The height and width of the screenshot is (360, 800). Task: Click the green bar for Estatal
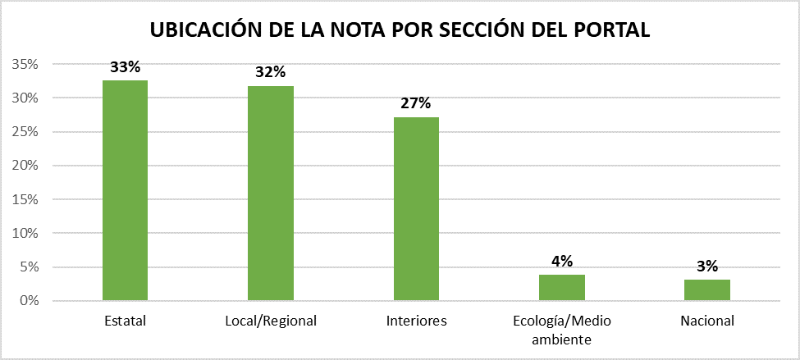pyautogui.click(x=125, y=190)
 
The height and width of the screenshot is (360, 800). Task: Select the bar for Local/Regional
pyautogui.click(x=271, y=194)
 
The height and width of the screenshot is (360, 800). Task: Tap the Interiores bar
pyautogui.click(x=416, y=209)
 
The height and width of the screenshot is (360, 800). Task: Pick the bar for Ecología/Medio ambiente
pyautogui.click(x=562, y=288)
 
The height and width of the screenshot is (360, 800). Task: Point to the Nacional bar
pyautogui.click(x=707, y=290)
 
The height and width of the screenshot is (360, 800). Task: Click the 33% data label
pyautogui.click(x=125, y=68)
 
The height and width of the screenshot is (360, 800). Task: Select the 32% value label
pyautogui.click(x=271, y=73)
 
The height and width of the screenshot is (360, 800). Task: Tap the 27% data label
pyautogui.click(x=416, y=104)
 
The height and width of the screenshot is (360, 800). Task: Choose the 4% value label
pyautogui.click(x=562, y=262)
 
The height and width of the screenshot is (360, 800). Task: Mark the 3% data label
pyautogui.click(x=707, y=266)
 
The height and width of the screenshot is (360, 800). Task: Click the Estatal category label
pyautogui.click(x=125, y=321)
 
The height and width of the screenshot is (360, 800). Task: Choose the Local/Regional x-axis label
pyautogui.click(x=271, y=321)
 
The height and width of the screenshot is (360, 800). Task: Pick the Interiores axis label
pyautogui.click(x=416, y=321)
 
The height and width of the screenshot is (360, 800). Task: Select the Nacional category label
pyautogui.click(x=707, y=321)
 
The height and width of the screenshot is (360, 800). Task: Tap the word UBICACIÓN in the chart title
pyautogui.click(x=206, y=30)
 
